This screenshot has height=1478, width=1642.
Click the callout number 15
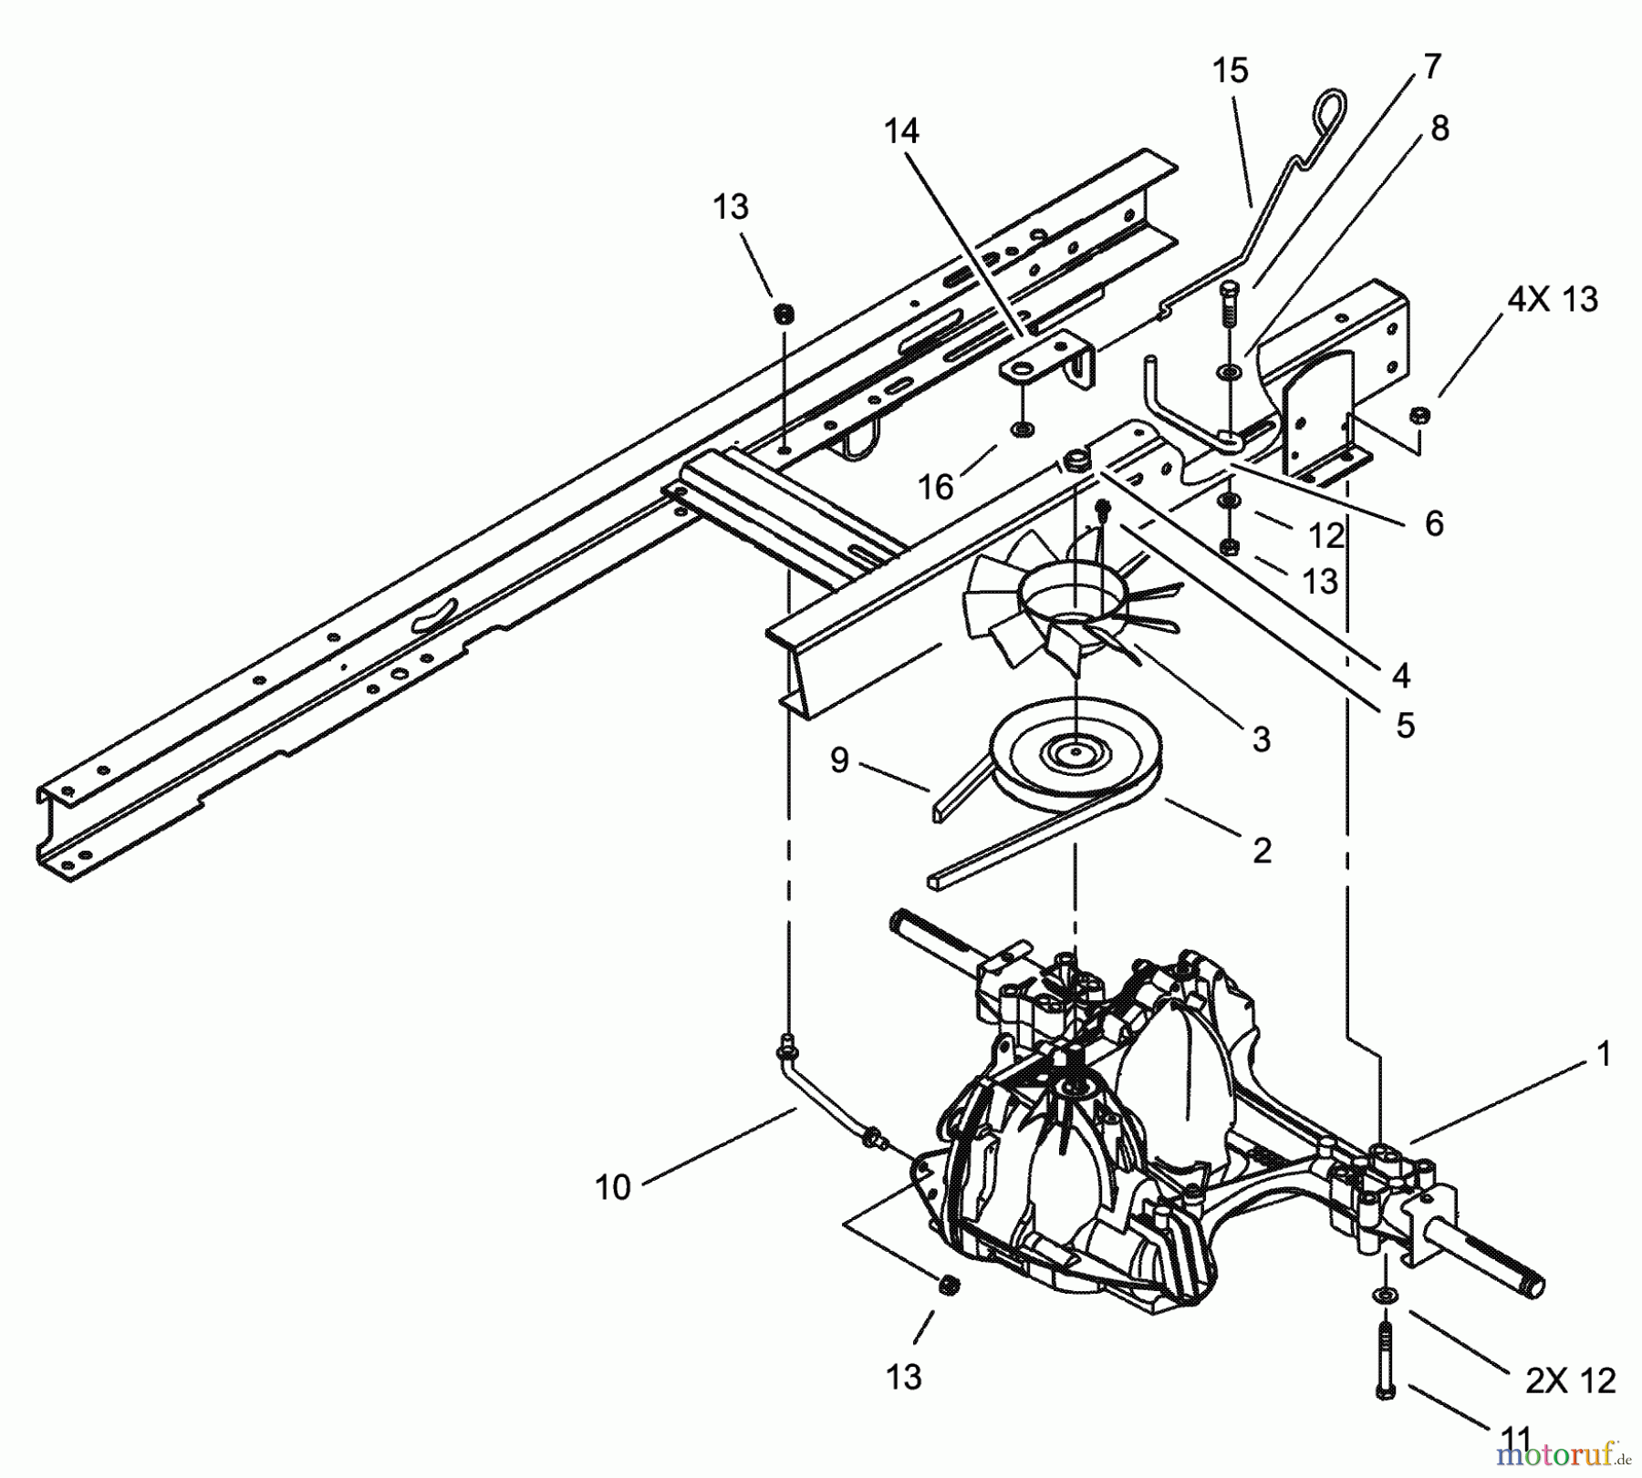[x=1230, y=70]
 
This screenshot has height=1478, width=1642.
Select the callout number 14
[x=901, y=132]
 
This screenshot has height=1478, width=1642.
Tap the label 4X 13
[x=1552, y=300]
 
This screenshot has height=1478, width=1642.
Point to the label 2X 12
[x=1570, y=1380]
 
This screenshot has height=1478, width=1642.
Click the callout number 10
[x=612, y=1188]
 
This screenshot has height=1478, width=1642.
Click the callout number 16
[x=935, y=488]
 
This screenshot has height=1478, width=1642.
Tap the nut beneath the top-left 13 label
[x=783, y=314]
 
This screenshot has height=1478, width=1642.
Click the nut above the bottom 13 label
[x=948, y=1286]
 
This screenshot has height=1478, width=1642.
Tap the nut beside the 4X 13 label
[x=1419, y=416]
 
